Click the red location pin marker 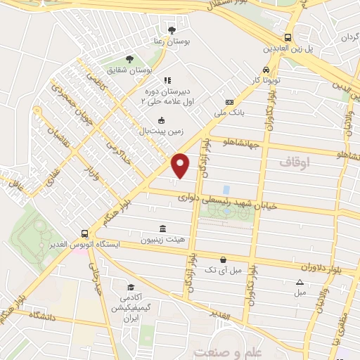pos(181,166)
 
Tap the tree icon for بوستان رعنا pos(172,30)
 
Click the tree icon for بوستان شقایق pos(128,60)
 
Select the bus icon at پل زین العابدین pos(288,38)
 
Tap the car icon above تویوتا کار pos(266,70)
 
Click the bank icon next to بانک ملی pos(230,103)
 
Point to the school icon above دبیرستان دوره pos(167,82)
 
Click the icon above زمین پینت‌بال pos(162,120)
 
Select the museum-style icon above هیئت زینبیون pos(163,229)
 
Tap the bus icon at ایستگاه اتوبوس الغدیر pos(84,233)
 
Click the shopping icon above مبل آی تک pos(223,259)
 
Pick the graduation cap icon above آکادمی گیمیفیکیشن pos(131,288)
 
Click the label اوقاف pos(293,162)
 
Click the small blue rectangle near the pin pos(226,190)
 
